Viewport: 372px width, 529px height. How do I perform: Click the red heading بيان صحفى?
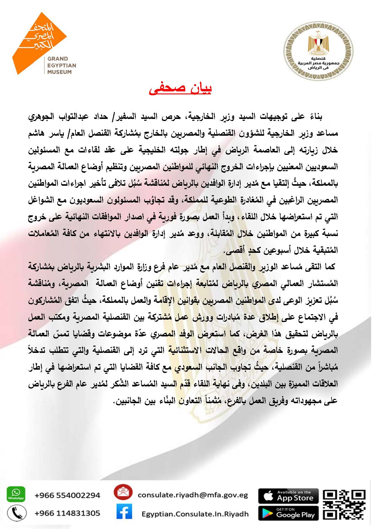point(180,88)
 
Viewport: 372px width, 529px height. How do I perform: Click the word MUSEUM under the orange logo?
point(59,72)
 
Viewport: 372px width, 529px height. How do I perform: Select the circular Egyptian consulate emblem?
point(318,51)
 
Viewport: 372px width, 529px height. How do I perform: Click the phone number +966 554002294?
point(67,495)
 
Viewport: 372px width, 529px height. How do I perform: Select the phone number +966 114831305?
point(67,513)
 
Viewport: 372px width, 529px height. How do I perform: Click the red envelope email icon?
point(123,492)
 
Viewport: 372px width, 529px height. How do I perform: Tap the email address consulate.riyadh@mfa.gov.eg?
point(193,495)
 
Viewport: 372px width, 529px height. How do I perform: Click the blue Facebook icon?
point(124,511)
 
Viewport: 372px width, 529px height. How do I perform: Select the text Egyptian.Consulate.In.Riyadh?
point(195,514)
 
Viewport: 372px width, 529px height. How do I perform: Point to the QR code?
point(344,504)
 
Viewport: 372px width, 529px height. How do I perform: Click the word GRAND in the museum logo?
point(58,59)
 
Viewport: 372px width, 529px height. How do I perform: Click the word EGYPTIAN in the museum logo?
point(62,65)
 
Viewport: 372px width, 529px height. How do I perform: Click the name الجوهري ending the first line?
point(41,117)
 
